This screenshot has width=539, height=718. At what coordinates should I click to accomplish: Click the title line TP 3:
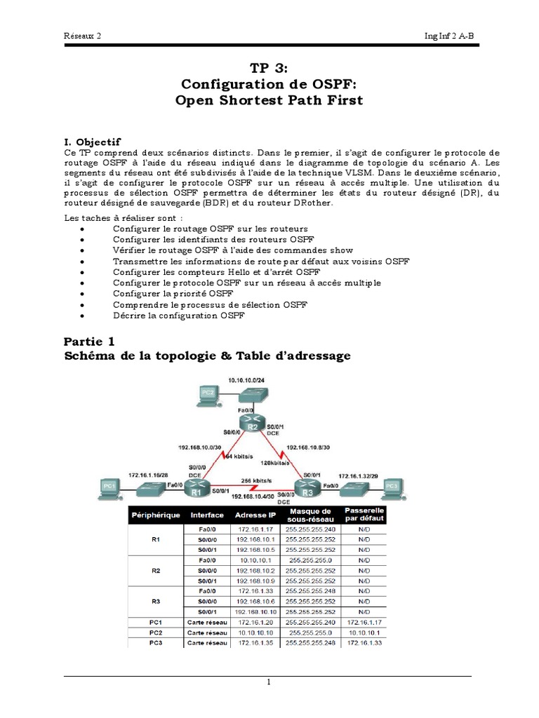[269, 67]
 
